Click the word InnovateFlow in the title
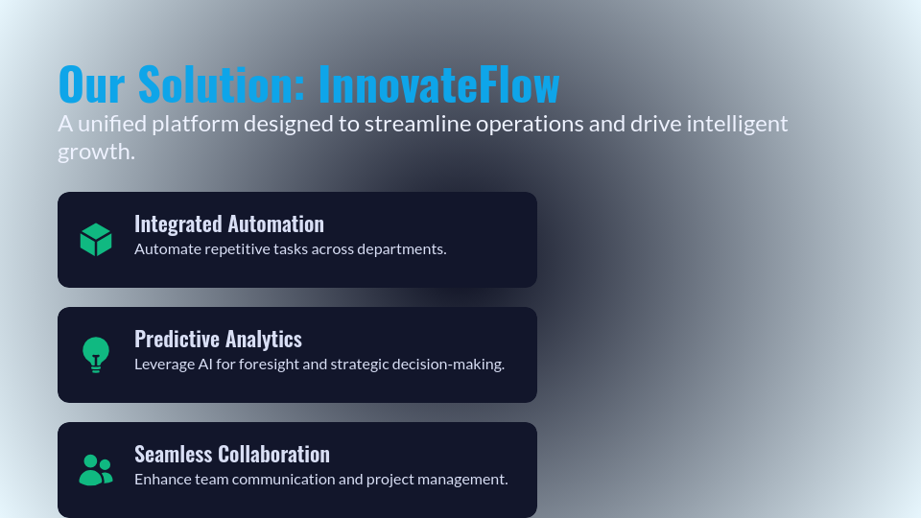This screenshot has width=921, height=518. (438, 84)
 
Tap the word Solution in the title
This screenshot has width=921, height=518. (222, 84)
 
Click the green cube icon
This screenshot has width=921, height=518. (96, 240)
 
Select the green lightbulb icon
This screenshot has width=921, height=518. (96, 355)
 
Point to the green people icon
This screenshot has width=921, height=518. (96, 470)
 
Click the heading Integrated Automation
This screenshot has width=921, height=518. (229, 224)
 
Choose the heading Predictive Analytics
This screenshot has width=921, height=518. (218, 339)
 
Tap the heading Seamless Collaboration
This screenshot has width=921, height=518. (232, 454)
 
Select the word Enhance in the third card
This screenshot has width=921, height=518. (162, 480)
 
